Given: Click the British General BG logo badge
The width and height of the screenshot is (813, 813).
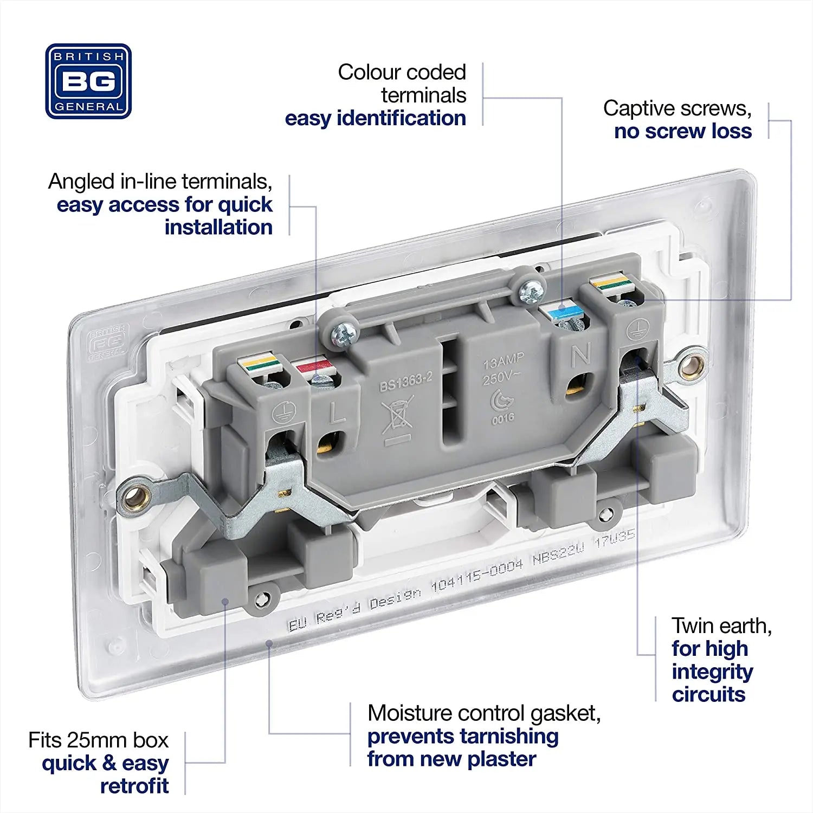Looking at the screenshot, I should click(x=88, y=81).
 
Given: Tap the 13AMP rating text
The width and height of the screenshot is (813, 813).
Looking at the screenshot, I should click(x=504, y=361).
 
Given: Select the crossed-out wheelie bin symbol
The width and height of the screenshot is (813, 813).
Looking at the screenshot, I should click(x=397, y=415).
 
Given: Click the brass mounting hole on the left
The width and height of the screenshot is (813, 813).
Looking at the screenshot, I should click(x=133, y=495).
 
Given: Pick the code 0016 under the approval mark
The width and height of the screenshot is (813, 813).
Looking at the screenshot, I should click(x=503, y=418).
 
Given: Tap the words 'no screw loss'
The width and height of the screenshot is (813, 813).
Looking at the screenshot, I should click(x=682, y=131).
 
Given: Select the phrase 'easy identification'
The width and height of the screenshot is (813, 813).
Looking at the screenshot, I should click(x=375, y=118).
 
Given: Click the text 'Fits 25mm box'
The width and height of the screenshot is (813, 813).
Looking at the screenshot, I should click(x=98, y=740).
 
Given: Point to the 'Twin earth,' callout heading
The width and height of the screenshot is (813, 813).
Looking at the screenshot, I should click(x=721, y=625).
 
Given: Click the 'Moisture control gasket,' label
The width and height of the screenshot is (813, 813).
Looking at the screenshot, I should click(x=483, y=713).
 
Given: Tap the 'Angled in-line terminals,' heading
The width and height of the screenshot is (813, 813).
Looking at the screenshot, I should click(x=160, y=182).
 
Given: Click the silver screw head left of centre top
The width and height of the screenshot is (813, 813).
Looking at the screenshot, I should click(x=344, y=335).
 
